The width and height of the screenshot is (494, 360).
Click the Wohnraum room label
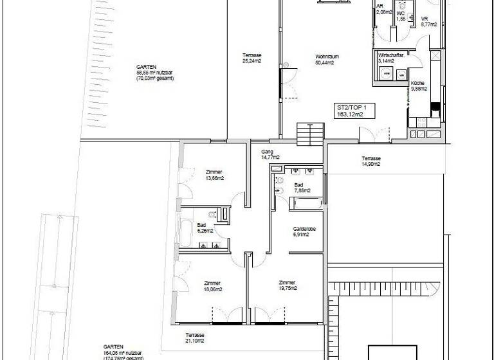tap(327, 60)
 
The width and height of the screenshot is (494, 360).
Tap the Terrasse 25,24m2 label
tap(252, 59)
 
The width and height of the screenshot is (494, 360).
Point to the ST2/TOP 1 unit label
tap(351, 111)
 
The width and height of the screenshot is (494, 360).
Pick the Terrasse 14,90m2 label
tap(370, 161)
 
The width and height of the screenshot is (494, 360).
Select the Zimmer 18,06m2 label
tap(212, 286)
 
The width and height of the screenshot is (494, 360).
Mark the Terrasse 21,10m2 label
tap(195, 338)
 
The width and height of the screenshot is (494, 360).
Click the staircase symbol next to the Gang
tap(311, 134)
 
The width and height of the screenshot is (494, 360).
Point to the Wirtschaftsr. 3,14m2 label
tap(392, 59)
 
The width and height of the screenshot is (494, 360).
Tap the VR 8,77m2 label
tap(428, 22)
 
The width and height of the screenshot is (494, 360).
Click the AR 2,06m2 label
tap(384, 10)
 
